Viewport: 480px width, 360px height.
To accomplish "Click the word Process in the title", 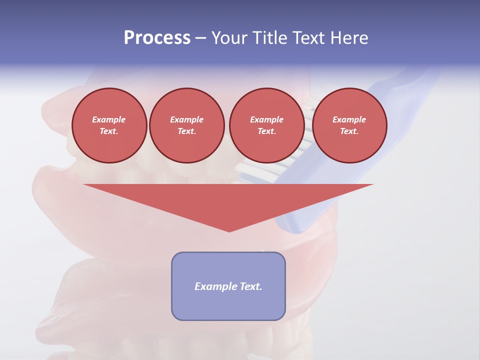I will [x=157, y=38].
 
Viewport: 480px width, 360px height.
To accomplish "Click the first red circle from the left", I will [x=109, y=125].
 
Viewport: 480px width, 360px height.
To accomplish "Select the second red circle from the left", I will [x=186, y=125].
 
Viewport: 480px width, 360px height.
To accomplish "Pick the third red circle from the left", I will [x=266, y=125].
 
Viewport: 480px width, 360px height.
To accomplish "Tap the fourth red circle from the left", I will [x=349, y=125].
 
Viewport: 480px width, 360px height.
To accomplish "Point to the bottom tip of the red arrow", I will [x=229, y=231].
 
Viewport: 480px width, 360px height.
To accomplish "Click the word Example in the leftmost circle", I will [x=109, y=119].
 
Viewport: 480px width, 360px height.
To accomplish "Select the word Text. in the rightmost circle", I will [x=349, y=131].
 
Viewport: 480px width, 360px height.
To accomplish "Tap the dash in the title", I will [x=200, y=38].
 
